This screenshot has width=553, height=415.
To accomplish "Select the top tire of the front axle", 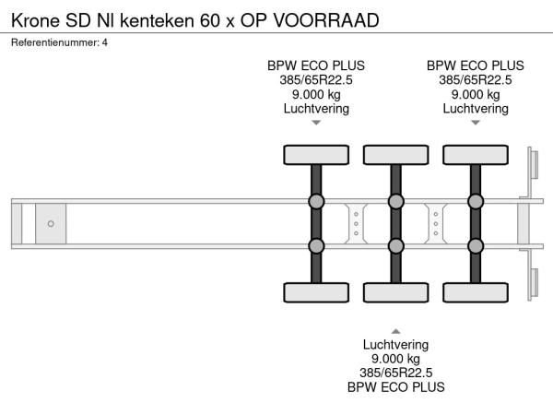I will point(316,155).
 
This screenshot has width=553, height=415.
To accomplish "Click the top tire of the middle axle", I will point(395,155).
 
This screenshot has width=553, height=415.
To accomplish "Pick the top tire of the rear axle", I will point(476,155).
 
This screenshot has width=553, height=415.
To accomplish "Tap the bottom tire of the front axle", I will point(316,293).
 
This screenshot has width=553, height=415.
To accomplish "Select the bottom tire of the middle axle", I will point(395,293).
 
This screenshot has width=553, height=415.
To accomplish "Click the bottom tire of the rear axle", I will point(476,293).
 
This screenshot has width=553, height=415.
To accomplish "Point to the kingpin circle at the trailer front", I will point(51,224).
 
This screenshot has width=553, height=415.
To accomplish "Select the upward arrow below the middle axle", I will point(395,330).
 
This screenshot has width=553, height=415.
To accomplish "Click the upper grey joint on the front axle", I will point(316,202).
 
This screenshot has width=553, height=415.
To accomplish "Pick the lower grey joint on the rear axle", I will point(476,246).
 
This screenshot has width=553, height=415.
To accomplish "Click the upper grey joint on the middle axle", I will point(395,202).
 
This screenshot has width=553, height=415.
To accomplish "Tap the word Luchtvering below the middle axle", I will point(395,345).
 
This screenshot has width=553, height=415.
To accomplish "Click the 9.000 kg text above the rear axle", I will point(476,94).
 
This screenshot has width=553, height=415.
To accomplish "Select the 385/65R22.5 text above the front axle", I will point(316,79).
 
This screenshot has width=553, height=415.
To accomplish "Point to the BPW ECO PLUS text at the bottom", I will point(395,387).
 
